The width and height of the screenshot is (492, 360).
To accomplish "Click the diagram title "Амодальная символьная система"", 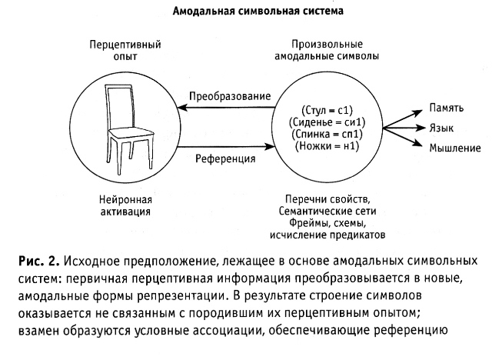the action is click(258, 12).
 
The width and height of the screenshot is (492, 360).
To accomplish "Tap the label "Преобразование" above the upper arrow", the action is click(230, 96).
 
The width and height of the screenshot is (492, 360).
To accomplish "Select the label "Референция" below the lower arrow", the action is click(225, 158).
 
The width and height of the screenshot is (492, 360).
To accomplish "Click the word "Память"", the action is click(446, 108).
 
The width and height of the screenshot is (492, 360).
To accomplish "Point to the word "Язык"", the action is click(441, 128).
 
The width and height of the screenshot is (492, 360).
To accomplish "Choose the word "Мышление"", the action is click(455, 148).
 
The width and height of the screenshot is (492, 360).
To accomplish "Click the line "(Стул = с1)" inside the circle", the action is click(327, 111).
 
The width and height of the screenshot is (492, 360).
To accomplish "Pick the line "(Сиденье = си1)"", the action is click(327, 122).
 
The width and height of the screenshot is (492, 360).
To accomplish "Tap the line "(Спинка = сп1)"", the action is click(327, 135).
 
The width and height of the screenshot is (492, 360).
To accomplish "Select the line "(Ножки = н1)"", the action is click(327, 146).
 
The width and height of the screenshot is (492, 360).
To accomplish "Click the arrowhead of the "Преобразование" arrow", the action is click(182, 108).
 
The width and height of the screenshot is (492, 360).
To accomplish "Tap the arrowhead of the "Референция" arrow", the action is click(270, 146).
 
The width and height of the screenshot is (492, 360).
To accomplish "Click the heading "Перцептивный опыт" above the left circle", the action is click(125, 51).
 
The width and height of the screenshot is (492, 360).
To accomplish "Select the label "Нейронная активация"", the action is click(125, 205).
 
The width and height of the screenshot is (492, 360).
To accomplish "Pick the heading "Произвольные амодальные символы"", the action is click(327, 50).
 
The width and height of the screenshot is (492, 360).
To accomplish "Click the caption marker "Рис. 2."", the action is click(39, 261).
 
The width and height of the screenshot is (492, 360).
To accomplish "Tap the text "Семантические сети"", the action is click(327, 211).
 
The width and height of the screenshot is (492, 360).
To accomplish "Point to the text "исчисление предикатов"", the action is click(327, 235).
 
